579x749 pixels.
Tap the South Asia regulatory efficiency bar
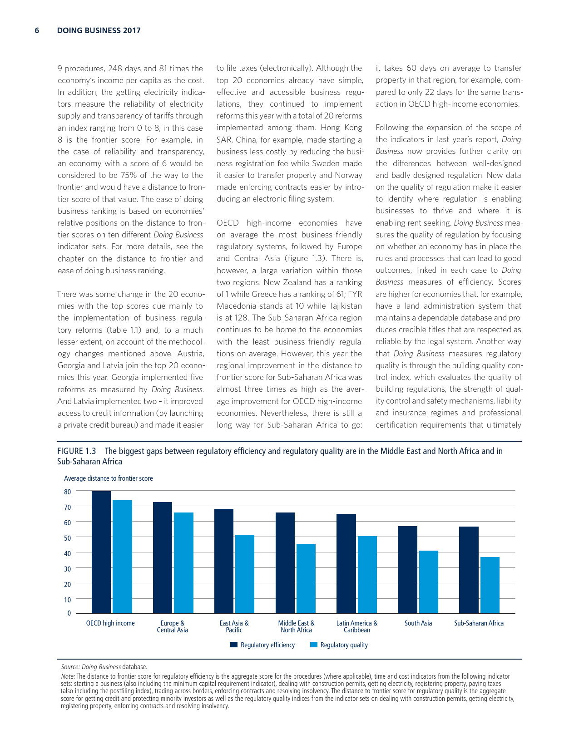pos(407,569)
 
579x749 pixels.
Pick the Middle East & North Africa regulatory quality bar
pos(306,578)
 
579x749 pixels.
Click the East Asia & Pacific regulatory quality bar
pos(244,574)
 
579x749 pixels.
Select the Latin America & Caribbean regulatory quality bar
pos(367,574)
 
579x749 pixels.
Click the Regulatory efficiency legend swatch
pos(234,645)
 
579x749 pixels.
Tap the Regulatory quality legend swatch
pos(313,645)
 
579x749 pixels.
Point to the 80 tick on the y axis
pos(68,492)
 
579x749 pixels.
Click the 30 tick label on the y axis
pos(68,569)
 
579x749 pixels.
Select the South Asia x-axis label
pos(418,623)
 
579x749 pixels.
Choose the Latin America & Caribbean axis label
pos(357,626)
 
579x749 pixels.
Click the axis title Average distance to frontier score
pos(109,478)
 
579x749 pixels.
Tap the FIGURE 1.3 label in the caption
pos(77,451)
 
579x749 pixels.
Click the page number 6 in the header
pos(37,30)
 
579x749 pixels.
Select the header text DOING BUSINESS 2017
pos(99,30)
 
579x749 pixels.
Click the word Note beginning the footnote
pos(68,676)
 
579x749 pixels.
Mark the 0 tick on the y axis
pos(69,613)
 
